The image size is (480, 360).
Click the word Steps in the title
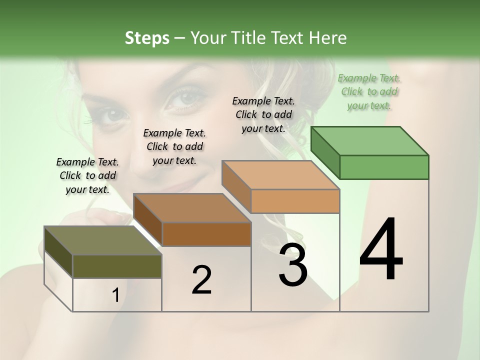[x=147, y=38]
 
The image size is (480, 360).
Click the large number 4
[x=381, y=250]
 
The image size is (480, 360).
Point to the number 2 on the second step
[x=201, y=280]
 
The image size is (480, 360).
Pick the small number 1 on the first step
[x=115, y=295]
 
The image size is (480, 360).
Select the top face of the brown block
[x=192, y=208]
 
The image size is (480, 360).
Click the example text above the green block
[x=369, y=91]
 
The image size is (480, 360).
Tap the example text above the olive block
[x=88, y=175]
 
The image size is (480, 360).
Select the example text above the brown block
[x=174, y=146]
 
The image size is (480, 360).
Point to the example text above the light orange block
[x=263, y=114]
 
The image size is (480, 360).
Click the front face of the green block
[x=384, y=167]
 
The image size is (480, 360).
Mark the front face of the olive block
[x=117, y=266]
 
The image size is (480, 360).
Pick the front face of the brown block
[x=206, y=234]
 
